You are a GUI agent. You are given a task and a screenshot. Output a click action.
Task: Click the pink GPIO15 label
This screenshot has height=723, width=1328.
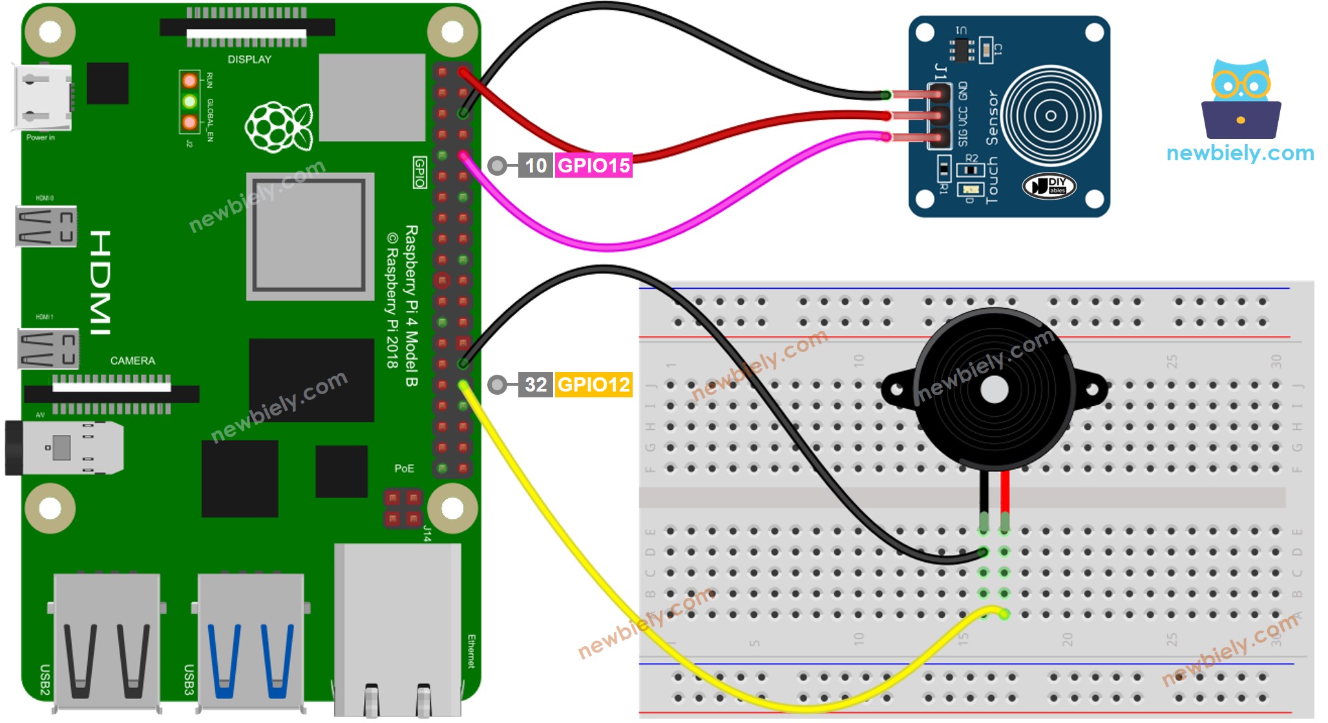click(593, 165)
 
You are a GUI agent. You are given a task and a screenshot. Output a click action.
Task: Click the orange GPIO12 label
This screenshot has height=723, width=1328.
click(593, 384)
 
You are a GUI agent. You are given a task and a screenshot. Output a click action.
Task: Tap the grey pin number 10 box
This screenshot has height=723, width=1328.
click(535, 165)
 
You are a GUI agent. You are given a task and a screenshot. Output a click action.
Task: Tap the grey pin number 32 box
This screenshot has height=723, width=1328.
click(535, 384)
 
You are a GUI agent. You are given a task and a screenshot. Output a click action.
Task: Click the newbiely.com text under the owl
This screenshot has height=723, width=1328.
click(1239, 153)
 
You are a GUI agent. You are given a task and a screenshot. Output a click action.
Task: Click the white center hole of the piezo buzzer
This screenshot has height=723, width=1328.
click(994, 389)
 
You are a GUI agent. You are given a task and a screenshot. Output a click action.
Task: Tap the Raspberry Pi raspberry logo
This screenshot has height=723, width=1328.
click(279, 127)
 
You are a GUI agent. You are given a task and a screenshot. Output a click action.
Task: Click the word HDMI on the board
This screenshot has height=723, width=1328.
click(100, 282)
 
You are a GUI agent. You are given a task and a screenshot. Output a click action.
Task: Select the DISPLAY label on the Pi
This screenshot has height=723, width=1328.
click(249, 59)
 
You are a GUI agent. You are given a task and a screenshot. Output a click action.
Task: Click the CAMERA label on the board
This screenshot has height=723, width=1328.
click(132, 361)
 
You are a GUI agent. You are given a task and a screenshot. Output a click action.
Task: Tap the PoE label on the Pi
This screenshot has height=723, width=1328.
click(404, 468)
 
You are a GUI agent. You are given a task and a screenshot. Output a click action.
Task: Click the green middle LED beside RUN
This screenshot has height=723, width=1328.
click(189, 101)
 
